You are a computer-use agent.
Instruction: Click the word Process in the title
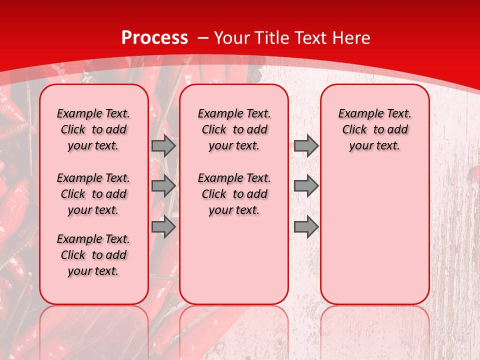click(154, 38)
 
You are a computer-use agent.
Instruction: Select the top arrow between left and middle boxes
click(163, 145)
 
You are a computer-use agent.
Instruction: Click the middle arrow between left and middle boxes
click(163, 186)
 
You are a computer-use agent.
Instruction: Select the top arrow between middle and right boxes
click(306, 145)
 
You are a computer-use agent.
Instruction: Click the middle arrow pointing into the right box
click(306, 186)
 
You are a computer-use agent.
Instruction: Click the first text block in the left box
click(93, 129)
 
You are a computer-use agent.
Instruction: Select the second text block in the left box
click(93, 194)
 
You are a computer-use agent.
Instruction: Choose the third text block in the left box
click(93, 255)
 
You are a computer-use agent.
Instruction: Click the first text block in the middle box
click(234, 129)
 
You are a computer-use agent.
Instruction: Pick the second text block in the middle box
click(234, 194)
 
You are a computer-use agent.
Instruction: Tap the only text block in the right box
click(374, 129)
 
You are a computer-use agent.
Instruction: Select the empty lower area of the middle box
click(234, 260)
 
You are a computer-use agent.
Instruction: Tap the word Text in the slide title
click(310, 38)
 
